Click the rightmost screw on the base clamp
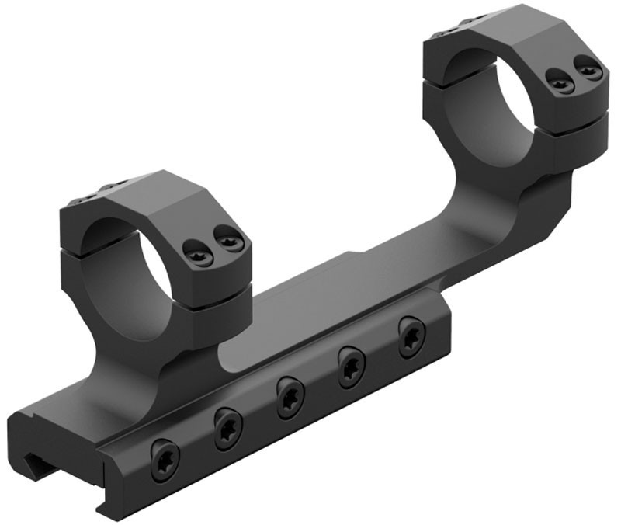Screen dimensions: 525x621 click(x=411, y=337)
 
